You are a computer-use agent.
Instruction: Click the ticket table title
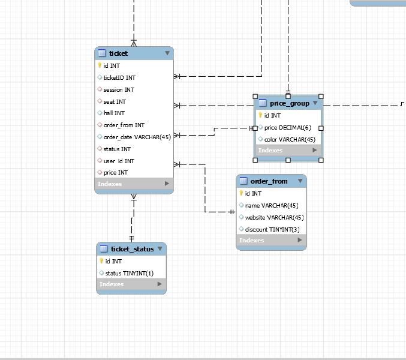coord(118,53)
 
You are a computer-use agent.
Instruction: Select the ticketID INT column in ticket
coord(119,77)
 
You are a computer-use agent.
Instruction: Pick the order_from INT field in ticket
coord(124,125)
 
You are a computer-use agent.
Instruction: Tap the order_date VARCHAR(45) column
coord(137,137)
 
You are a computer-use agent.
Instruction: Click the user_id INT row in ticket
coord(119,161)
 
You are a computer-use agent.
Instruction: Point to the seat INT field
coord(115,101)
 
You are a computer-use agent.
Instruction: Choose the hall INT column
coord(114,113)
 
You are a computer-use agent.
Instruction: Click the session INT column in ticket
coord(119,89)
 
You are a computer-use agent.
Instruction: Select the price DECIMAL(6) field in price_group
coord(287,127)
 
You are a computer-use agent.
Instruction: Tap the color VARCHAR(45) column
coord(290,139)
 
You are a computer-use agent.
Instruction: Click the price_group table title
coord(289,103)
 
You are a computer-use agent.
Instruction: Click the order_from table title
coord(269,181)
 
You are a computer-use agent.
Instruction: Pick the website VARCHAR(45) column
coord(274,217)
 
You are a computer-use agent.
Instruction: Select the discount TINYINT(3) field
coord(272,229)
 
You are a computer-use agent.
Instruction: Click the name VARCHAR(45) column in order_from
coord(271,205)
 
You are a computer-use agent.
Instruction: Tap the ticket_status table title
coord(132,248)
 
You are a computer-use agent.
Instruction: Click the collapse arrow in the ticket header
coord(167,53)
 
